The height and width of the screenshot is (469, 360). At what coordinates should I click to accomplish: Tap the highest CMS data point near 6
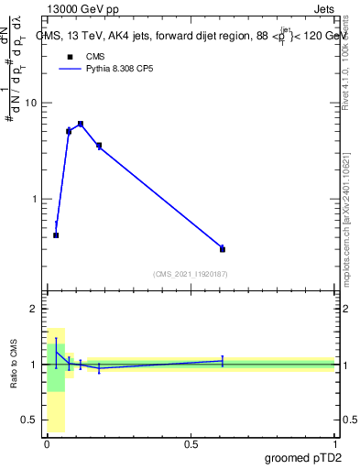(x=81, y=124)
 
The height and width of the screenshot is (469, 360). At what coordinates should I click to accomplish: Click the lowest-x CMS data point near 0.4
(x=56, y=235)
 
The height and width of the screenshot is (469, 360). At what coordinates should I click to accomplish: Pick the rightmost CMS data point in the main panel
(x=223, y=248)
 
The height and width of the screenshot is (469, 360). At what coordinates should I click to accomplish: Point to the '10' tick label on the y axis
(x=30, y=103)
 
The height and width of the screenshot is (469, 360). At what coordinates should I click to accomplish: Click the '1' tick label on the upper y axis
(x=34, y=199)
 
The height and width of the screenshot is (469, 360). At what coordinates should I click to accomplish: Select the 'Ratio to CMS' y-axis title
(x=16, y=364)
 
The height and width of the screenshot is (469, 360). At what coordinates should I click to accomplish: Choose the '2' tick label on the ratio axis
(x=34, y=310)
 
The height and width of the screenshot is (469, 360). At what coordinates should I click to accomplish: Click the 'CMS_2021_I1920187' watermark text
(x=191, y=273)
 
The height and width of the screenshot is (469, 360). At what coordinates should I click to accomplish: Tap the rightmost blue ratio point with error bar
(x=223, y=361)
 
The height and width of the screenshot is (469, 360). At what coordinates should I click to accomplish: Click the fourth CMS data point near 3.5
(x=99, y=146)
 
